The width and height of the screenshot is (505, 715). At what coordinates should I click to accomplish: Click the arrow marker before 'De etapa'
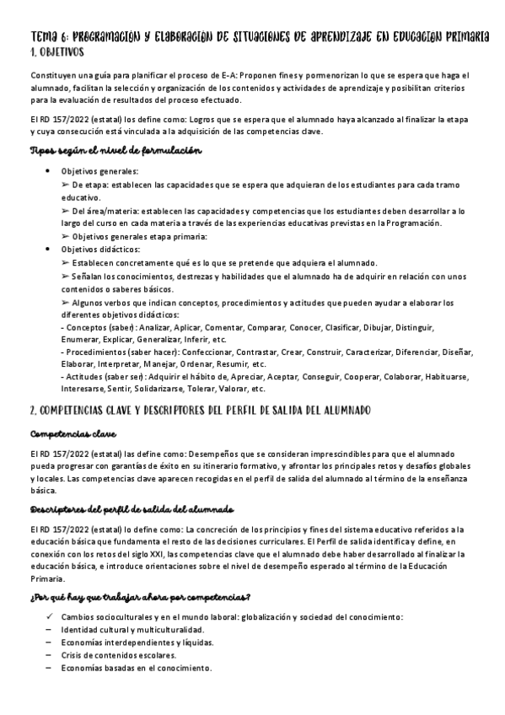click(x=67, y=184)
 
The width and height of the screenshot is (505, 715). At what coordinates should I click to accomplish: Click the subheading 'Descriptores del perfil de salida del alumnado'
click(x=126, y=511)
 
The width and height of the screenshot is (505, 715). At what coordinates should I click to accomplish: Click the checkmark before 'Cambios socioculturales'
click(x=50, y=616)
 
